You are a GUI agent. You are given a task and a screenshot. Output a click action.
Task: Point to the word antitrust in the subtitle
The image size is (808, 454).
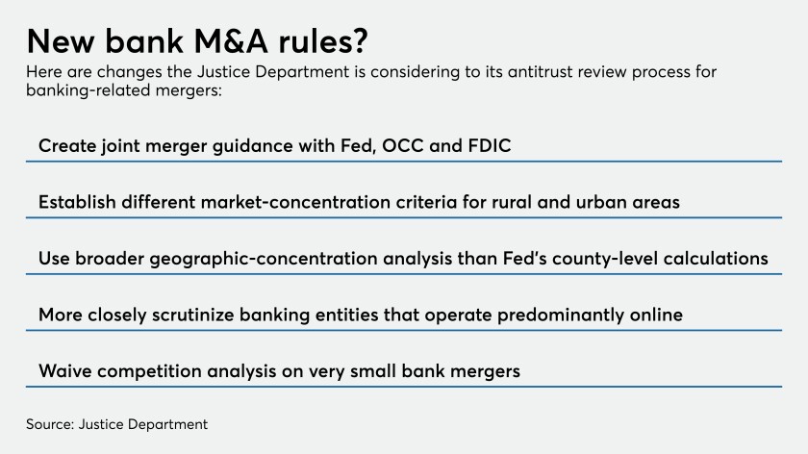(540, 71)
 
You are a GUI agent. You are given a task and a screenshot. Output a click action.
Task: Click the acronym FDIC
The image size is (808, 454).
(489, 146)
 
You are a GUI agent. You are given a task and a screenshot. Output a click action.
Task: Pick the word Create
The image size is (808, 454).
(67, 146)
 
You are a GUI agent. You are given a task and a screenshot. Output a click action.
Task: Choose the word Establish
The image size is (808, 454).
(77, 202)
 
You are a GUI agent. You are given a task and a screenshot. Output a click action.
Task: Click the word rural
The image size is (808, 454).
(512, 202)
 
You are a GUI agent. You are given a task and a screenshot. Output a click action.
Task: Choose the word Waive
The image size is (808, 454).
(65, 370)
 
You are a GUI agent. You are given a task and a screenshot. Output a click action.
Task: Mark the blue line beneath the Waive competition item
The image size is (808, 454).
(404, 387)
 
